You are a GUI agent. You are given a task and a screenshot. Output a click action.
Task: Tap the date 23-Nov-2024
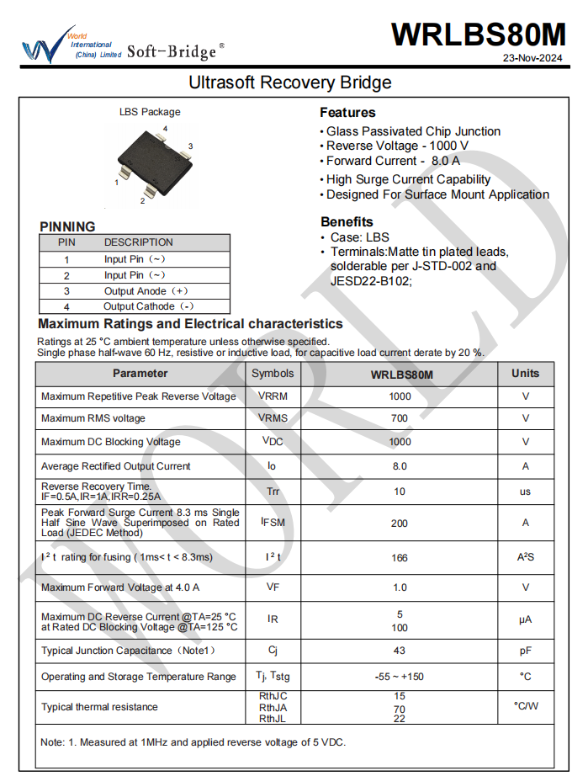532,59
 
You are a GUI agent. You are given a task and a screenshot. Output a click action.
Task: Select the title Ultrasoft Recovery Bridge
290,82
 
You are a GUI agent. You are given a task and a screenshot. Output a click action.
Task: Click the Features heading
347,113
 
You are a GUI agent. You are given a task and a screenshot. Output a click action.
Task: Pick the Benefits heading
347,222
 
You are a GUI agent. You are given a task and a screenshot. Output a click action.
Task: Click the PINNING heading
67,226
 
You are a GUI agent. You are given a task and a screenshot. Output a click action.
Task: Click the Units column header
526,373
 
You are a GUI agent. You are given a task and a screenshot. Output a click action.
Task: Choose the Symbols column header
273,373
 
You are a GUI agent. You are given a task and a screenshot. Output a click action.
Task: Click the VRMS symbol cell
273,418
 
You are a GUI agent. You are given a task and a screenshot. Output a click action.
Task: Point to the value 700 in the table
400,418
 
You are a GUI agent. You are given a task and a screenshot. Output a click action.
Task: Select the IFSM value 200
400,523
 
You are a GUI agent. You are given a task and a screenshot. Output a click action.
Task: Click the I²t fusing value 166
400,557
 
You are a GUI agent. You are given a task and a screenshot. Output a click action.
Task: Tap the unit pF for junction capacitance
526,650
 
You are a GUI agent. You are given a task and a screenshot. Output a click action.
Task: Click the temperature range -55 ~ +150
400,677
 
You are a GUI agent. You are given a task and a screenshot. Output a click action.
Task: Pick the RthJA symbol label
273,708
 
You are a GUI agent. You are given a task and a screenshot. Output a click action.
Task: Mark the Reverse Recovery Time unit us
526,492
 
